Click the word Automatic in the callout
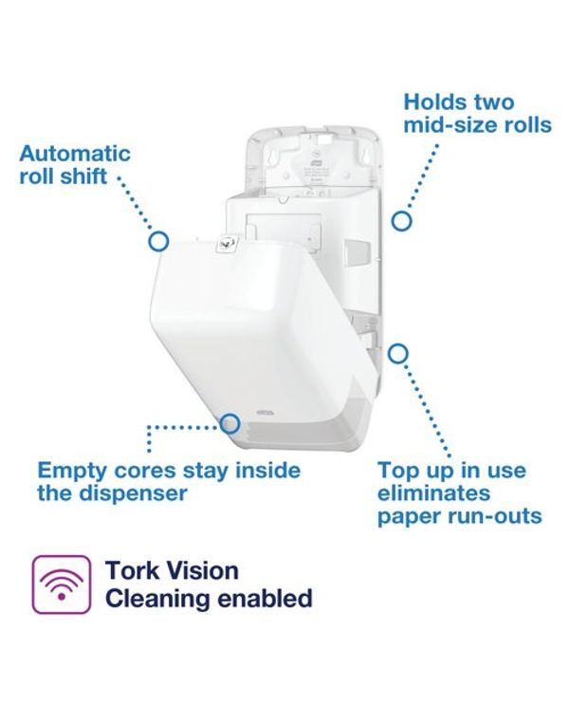(x=75, y=154)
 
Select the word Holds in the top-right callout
(x=431, y=102)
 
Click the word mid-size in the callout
(x=446, y=124)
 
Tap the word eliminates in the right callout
(x=433, y=493)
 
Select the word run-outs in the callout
(x=495, y=516)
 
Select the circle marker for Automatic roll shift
(x=158, y=241)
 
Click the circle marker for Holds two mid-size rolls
(x=401, y=221)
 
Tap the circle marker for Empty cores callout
(x=229, y=423)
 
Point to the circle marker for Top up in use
(x=397, y=354)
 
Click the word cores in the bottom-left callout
(x=145, y=472)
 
